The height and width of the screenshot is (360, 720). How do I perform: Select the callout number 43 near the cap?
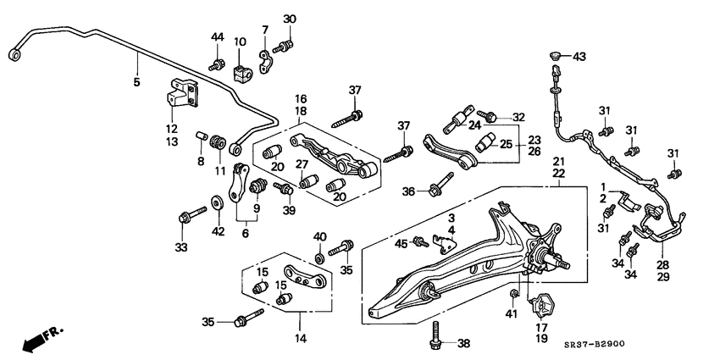click(x=579, y=57)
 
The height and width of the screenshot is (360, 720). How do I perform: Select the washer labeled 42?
click(x=218, y=202)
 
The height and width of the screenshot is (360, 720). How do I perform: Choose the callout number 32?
click(x=518, y=117)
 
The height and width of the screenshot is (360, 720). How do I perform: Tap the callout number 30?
click(x=290, y=19)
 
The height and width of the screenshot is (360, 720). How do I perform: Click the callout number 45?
click(x=399, y=244)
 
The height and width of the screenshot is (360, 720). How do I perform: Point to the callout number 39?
click(x=291, y=210)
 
